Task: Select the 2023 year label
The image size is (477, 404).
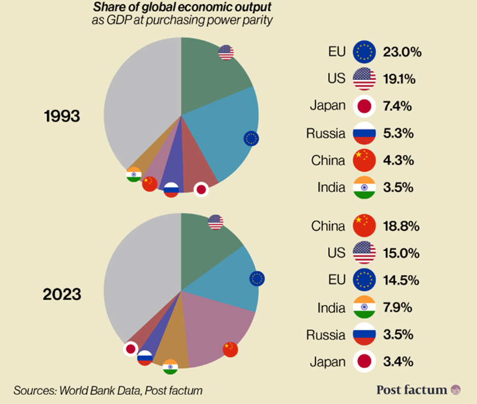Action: pos(62,293)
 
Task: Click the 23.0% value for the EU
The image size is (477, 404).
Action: pos(403,52)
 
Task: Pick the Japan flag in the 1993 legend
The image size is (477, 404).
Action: pos(364,106)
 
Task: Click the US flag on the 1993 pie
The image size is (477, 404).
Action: pos(226,52)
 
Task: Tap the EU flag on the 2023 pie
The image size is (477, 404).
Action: pos(257,279)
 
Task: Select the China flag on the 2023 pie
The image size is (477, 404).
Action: pos(230,349)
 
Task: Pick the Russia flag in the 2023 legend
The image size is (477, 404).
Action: pos(364,334)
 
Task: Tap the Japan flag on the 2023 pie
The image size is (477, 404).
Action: pos(130,348)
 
